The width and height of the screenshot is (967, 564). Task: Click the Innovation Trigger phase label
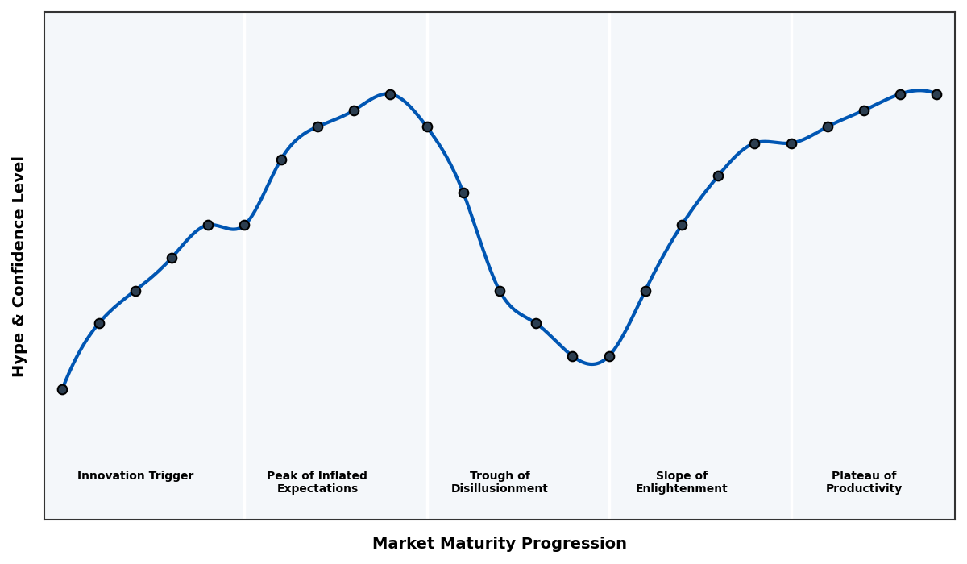pos(135,476)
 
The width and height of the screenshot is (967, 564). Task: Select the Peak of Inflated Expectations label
pos(317,482)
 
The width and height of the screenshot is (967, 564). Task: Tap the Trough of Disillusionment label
pos(499,482)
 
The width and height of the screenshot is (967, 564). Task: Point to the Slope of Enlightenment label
pos(681,482)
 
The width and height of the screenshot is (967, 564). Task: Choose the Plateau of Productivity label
pos(863,482)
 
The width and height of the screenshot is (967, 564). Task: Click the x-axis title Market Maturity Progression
pos(499,544)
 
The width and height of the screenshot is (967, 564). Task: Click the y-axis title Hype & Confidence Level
pos(19,266)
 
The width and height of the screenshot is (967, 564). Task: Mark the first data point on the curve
pos(62,389)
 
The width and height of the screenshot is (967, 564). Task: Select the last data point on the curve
pos(936,94)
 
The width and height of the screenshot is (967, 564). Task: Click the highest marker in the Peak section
pos(390,94)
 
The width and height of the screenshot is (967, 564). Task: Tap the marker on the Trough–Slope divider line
pos(609,356)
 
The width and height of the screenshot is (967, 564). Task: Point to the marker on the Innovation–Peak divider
pos(244,225)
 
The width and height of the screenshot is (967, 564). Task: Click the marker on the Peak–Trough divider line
pos(427,126)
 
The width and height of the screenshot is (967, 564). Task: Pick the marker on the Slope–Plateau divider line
pos(791,143)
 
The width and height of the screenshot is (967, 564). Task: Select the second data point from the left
pos(99,323)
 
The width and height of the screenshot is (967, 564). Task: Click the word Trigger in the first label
pos(171,476)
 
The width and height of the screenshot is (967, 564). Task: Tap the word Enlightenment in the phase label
pos(681,489)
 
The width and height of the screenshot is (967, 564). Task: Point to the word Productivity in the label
pos(863,489)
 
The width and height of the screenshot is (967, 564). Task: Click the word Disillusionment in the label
pos(499,489)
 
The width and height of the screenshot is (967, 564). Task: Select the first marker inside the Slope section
pos(645,291)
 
